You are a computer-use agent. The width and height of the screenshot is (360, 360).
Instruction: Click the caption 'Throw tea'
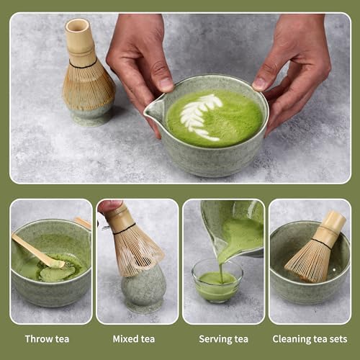tap(47, 338)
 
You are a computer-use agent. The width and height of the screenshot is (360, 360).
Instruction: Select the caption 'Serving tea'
tap(222, 338)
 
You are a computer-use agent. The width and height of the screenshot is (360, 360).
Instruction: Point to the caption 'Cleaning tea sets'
tap(310, 338)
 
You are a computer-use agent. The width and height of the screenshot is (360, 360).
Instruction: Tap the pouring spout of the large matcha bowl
tap(153, 110)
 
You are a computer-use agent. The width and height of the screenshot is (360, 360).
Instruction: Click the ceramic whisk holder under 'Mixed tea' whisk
tap(143, 292)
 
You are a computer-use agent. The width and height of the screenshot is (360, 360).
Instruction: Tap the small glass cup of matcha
tap(216, 282)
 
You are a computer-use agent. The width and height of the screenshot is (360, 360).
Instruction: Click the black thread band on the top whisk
tap(85, 65)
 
